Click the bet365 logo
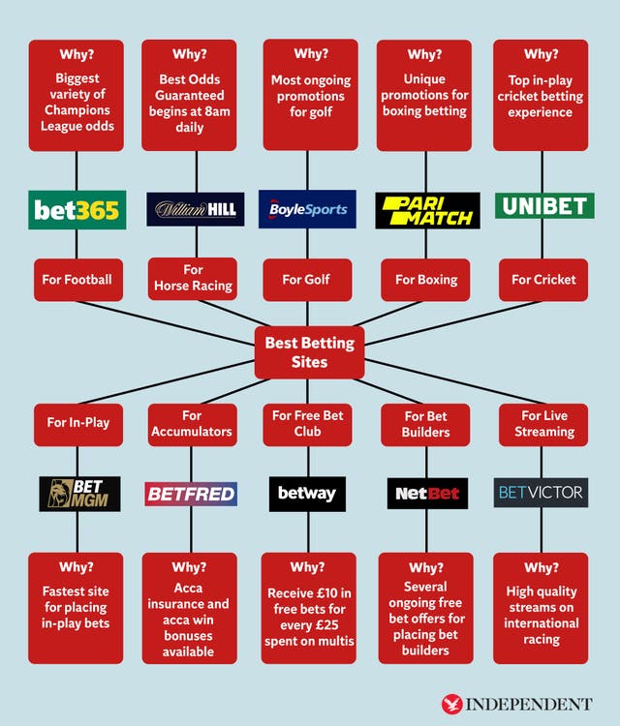pos(77,209)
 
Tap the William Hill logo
pos(196,209)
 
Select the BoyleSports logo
pos(308,209)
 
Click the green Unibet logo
pos(543,206)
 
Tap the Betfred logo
pos(191,494)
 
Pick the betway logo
pos(306,494)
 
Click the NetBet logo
pos(426,494)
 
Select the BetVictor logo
pos(540,493)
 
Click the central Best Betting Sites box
pos(309,352)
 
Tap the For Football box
pos(77,279)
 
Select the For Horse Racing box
pos(193,278)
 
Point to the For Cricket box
pos(543,279)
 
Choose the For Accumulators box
pos(192,424)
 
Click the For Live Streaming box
pos(543,424)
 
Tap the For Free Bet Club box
pos(307,424)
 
